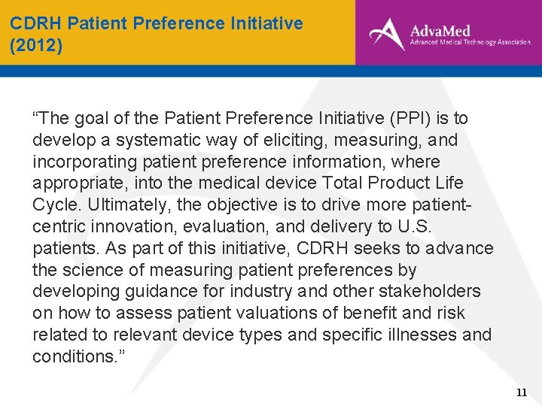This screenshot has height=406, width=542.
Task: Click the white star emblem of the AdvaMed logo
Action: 386,34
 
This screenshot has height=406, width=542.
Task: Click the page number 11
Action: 521,392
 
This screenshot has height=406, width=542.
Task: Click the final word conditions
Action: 72,356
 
